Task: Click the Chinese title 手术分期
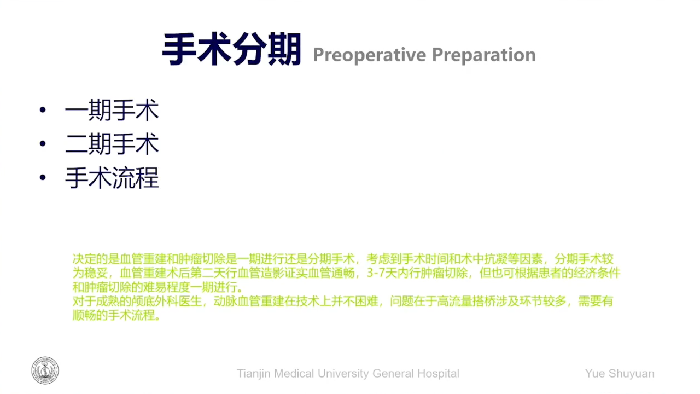231,49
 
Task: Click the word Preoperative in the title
370,55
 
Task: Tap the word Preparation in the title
484,55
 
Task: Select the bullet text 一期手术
112,110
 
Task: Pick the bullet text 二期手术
112,144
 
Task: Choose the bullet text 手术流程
112,178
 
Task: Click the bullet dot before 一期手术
43,110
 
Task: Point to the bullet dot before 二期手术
43,143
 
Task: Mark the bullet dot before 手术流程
43,177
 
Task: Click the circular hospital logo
45,370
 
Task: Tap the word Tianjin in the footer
253,374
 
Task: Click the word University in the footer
343,374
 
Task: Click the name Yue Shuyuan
620,374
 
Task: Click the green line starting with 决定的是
343,259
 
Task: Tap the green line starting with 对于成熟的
343,301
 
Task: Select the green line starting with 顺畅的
116,315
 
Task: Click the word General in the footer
393,373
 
